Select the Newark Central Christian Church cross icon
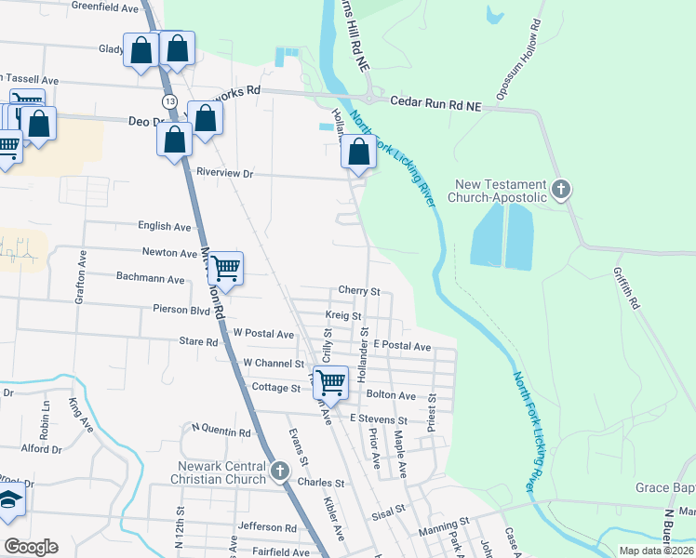coord(279,472)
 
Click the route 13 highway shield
coord(168,100)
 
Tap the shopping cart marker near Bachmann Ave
coord(226,269)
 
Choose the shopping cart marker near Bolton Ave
coord(330,381)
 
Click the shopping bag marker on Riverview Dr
coord(359,153)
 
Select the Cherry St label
coord(360,291)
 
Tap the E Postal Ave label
coord(402,346)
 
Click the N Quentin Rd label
coord(221,432)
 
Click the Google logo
coord(31,547)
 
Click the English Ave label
coord(164,226)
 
